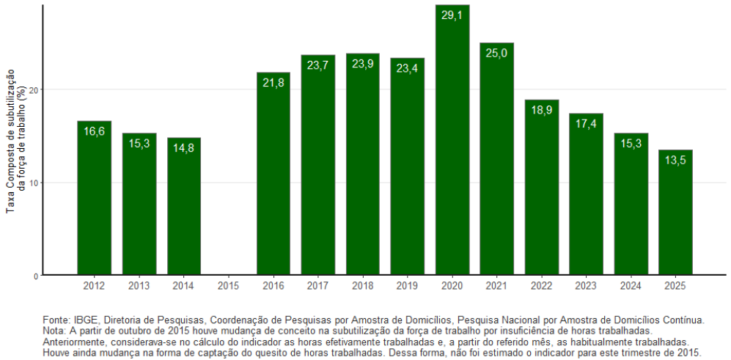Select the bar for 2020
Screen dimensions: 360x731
click(452, 140)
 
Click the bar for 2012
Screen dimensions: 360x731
click(94, 198)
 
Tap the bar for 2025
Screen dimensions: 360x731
click(675, 213)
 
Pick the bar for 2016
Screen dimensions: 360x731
click(273, 174)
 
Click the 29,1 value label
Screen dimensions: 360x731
click(452, 15)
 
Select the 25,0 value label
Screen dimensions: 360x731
click(496, 54)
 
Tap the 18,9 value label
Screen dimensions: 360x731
click(541, 111)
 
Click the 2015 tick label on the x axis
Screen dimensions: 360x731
click(228, 285)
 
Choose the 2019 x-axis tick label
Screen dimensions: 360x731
click(407, 285)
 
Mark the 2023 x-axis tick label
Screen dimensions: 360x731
click(586, 285)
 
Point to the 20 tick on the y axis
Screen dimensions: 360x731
click(34, 89)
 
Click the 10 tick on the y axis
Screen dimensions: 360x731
click(34, 183)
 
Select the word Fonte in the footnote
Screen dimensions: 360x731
click(56, 320)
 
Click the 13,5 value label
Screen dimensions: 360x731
click(675, 161)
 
